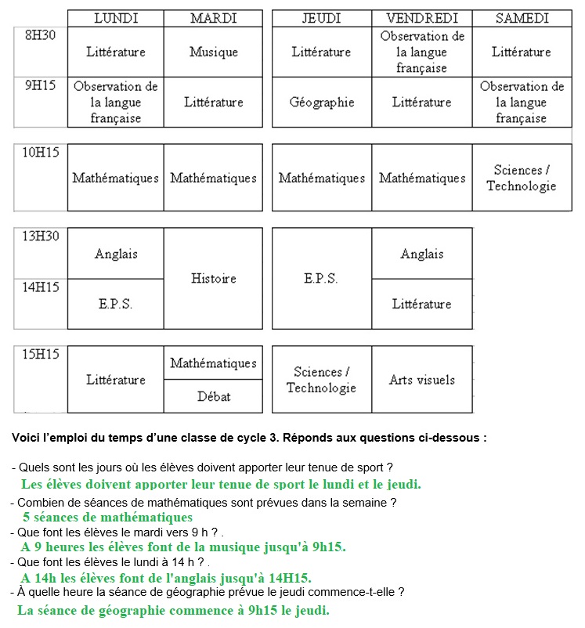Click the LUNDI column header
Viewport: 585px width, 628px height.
116,18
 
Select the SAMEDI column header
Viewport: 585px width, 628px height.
522,18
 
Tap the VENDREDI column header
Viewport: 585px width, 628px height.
422,18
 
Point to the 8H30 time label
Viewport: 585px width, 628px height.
41,35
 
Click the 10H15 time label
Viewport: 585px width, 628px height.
41,153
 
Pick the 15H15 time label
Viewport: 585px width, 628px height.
41,355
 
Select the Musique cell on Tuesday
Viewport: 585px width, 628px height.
213,52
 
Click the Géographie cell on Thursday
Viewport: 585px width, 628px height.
321,103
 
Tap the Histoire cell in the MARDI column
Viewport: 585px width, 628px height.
213,278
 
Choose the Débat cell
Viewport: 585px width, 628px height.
213,397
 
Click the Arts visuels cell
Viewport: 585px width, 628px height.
422,380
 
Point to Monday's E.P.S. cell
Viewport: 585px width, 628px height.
116,304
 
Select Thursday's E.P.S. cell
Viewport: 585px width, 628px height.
321,278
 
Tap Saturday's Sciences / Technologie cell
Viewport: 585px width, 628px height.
522,178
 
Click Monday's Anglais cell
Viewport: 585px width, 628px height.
116,254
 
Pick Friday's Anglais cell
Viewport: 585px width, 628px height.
422,254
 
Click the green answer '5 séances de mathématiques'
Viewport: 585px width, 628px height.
107,518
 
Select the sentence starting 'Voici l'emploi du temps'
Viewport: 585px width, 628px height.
249,438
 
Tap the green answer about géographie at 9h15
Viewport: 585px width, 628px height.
173,610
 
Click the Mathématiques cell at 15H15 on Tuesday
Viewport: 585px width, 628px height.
213,363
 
